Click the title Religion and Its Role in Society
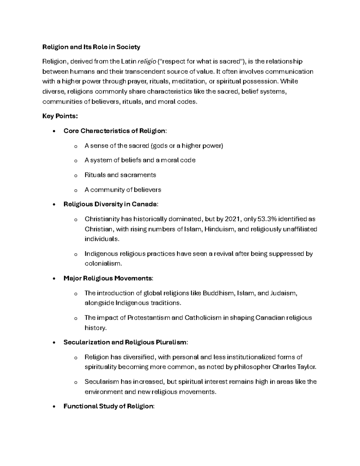click(x=91, y=47)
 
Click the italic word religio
click(x=147, y=62)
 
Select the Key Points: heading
click(x=60, y=116)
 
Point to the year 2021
click(x=232, y=219)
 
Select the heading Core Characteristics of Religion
click(x=114, y=131)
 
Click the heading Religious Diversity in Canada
click(x=110, y=204)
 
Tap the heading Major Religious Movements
click(x=108, y=278)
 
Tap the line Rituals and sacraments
click(x=120, y=175)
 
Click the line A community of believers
click(x=123, y=190)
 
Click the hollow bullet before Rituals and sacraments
click(x=76, y=176)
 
